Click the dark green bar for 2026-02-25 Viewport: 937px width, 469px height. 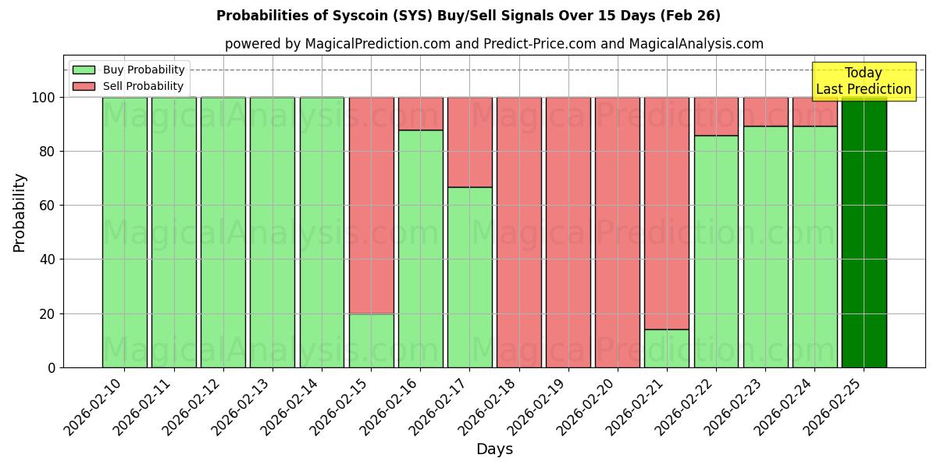[x=864, y=234]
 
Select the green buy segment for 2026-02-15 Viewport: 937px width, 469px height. [x=371, y=341]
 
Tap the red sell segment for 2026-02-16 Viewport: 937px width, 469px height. [x=421, y=113]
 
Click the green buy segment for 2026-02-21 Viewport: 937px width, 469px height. [x=667, y=349]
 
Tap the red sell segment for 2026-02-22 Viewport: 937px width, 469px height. [x=716, y=116]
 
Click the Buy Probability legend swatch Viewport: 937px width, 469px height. [x=84, y=70]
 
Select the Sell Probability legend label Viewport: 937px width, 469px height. [x=143, y=86]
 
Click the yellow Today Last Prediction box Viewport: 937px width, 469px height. [x=864, y=81]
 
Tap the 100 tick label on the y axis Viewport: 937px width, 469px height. [x=44, y=98]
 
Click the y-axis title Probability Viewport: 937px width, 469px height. [x=20, y=213]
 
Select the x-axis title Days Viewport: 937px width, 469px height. [x=494, y=449]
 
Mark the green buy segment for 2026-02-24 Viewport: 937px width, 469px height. [x=814, y=246]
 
